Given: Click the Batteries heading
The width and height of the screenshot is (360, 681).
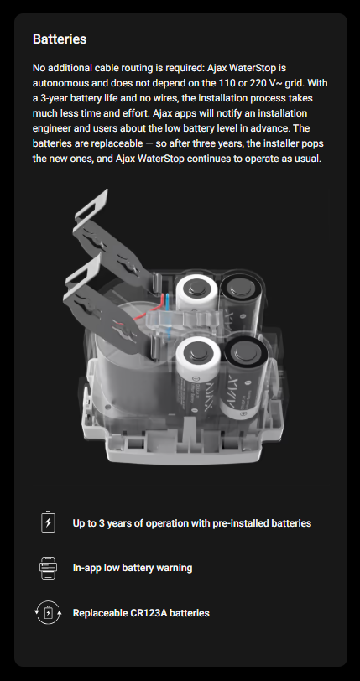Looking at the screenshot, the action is tap(60, 39).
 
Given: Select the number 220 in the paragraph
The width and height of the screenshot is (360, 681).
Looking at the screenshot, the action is tap(258, 83).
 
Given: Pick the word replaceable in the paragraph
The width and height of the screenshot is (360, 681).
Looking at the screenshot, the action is tap(117, 143).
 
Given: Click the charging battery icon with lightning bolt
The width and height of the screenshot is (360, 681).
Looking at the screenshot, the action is tap(49, 522).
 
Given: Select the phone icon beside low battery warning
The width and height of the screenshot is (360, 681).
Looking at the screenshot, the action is tap(49, 568).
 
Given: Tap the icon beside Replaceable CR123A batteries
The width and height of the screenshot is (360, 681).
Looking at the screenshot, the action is tap(49, 613).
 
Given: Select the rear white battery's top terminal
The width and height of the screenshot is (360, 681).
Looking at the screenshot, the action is tap(196, 287).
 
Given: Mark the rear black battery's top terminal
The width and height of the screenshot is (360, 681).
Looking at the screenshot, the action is tap(238, 286).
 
